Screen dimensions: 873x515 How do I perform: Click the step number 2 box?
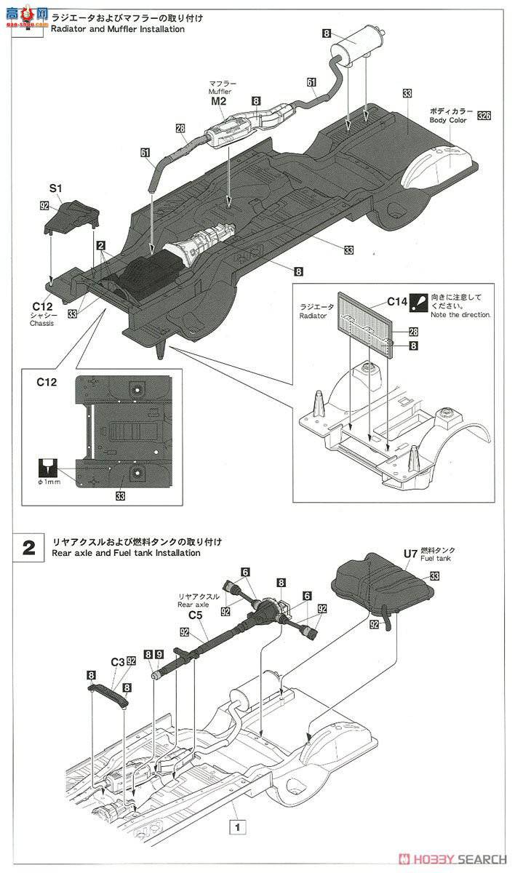tap(28, 548)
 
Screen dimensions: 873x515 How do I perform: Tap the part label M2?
tap(219, 102)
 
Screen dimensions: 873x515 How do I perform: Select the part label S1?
tap(55, 188)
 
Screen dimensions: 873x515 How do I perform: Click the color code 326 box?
tap(484, 115)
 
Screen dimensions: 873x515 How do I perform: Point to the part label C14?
tap(398, 300)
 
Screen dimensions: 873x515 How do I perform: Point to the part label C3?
tap(117, 661)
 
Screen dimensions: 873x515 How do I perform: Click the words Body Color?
tap(448, 120)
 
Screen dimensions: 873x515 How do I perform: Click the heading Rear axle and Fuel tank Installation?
tap(127, 553)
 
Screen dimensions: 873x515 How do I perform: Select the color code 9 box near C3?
tap(159, 654)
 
